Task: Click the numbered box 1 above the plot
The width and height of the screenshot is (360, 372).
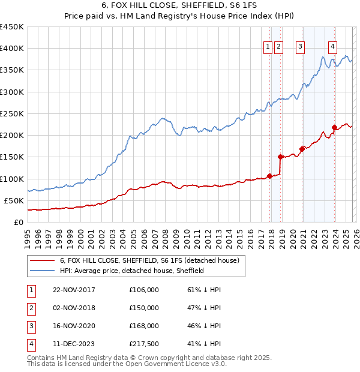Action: click(267, 49)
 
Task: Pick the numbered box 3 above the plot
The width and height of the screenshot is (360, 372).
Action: click(299, 49)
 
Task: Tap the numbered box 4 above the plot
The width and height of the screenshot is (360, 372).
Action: click(332, 49)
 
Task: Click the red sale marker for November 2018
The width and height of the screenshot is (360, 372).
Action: click(280, 157)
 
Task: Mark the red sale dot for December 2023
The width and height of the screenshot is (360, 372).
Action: click(334, 127)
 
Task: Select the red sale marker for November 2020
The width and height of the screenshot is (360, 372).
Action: click(302, 149)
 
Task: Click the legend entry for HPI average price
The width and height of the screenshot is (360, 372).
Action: click(132, 271)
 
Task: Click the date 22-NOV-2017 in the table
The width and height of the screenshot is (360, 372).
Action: click(74, 290)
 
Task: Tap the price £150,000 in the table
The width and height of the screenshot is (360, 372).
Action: click(144, 308)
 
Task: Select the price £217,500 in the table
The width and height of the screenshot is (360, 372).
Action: click(144, 344)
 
